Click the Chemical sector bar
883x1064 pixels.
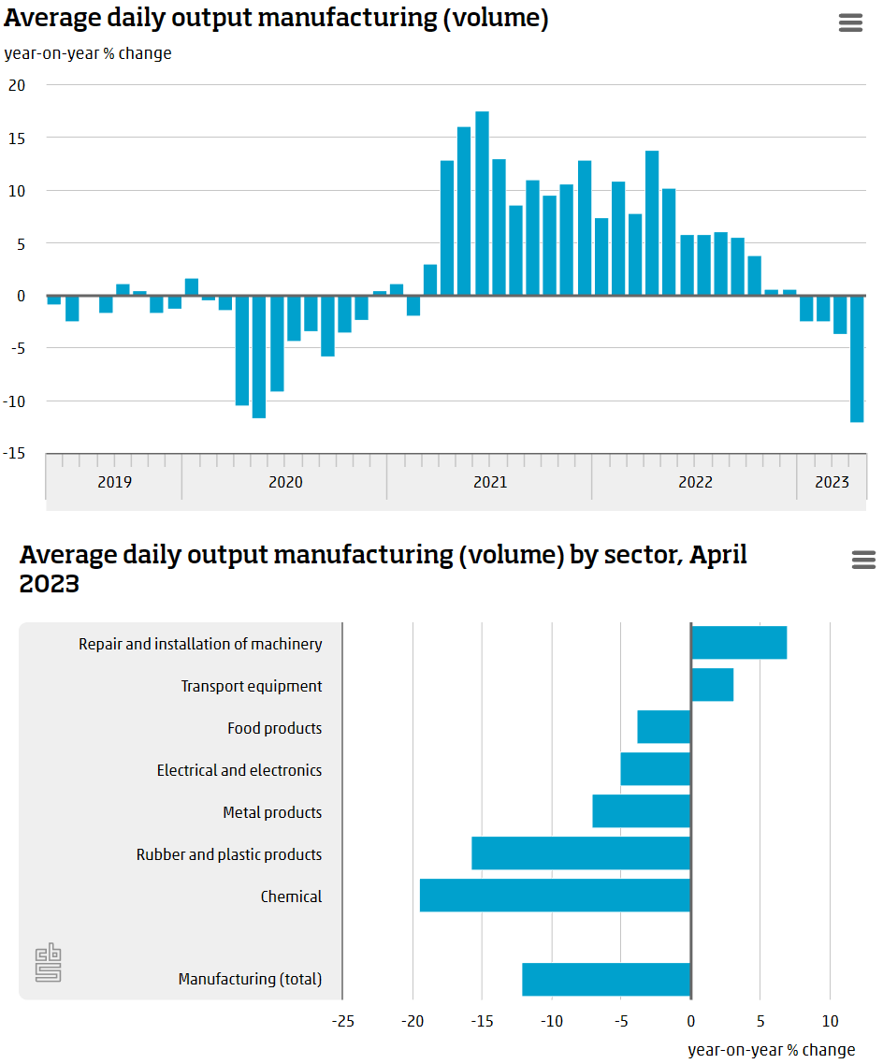click(x=555, y=896)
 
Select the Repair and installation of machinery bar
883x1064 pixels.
click(x=739, y=643)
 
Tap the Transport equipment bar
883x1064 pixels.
click(x=712, y=685)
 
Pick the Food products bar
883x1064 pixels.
click(x=664, y=727)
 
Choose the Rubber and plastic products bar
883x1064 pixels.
click(x=581, y=853)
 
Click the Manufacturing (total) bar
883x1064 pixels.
click(x=606, y=979)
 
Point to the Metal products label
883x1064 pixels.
click(x=272, y=812)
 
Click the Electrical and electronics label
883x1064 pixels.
click(x=239, y=770)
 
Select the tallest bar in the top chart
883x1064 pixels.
click(x=482, y=203)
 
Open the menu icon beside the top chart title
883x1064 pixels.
click(x=850, y=23)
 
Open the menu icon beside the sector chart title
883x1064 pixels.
click(x=863, y=560)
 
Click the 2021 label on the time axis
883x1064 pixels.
click(x=490, y=483)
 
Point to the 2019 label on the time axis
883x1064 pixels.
click(x=114, y=483)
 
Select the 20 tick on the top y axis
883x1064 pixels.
click(x=17, y=85)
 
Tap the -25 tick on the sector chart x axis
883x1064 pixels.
click(x=342, y=1021)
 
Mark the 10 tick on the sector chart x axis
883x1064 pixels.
click(x=830, y=1021)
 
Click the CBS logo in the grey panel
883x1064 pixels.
click(x=49, y=965)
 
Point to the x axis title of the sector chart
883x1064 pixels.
click(x=771, y=1050)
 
